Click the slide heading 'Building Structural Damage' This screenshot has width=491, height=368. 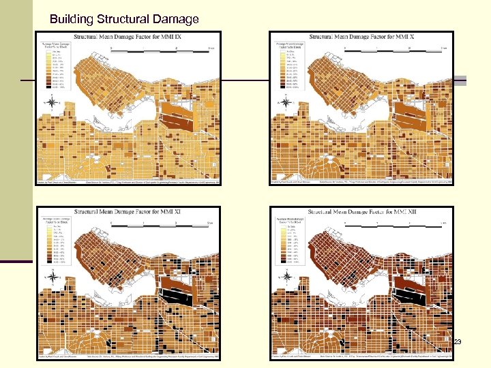(x=124, y=19)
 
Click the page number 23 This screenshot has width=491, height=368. (x=457, y=341)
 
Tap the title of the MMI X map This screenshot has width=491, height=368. (x=361, y=37)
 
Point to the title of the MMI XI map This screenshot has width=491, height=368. (x=129, y=213)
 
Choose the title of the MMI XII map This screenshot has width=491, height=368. (x=361, y=213)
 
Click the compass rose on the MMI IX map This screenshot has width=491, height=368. (x=53, y=103)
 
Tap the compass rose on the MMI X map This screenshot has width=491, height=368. (x=287, y=103)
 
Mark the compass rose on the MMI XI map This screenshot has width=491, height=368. (x=53, y=277)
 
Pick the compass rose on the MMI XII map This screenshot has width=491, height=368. (x=287, y=277)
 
